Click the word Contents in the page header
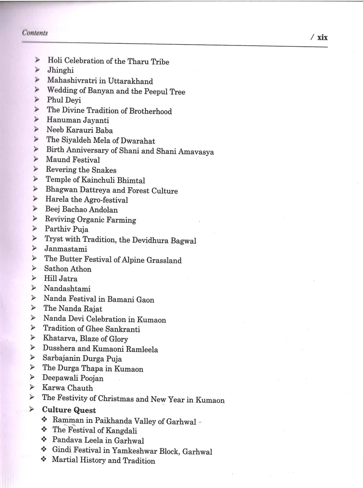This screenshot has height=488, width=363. (35, 33)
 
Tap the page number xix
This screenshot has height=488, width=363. (322, 37)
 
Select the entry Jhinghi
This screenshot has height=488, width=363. (60, 71)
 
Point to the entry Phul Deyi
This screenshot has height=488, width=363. (64, 101)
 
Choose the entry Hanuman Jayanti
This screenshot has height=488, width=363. (78, 121)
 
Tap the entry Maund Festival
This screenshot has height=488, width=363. (73, 160)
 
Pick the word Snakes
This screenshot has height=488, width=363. (103, 170)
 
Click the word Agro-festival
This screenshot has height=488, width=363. (106, 200)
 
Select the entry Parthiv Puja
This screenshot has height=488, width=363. (66, 229)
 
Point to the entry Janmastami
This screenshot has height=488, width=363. (66, 249)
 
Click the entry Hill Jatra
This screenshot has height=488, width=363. (60, 279)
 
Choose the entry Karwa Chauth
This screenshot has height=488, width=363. (68, 388)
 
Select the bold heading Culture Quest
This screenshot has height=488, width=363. (69, 410)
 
